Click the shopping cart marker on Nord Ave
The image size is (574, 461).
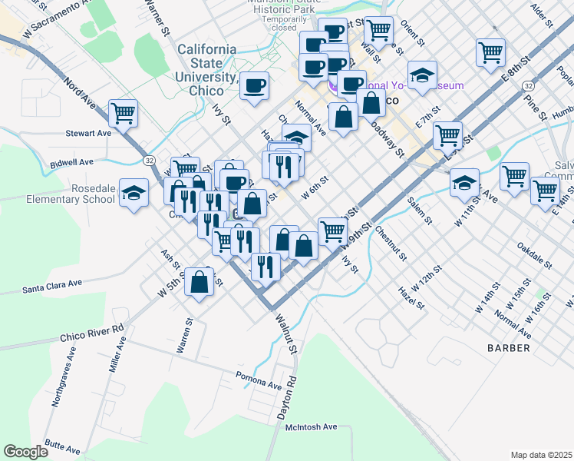[123, 114]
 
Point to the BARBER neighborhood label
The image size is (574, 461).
[508, 348]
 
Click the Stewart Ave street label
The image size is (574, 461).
[89, 133]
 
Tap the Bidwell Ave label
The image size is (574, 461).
[71, 162]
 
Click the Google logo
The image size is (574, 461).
[26, 452]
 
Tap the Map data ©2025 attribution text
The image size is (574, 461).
[541, 455]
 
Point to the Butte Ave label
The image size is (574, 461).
[61, 446]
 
